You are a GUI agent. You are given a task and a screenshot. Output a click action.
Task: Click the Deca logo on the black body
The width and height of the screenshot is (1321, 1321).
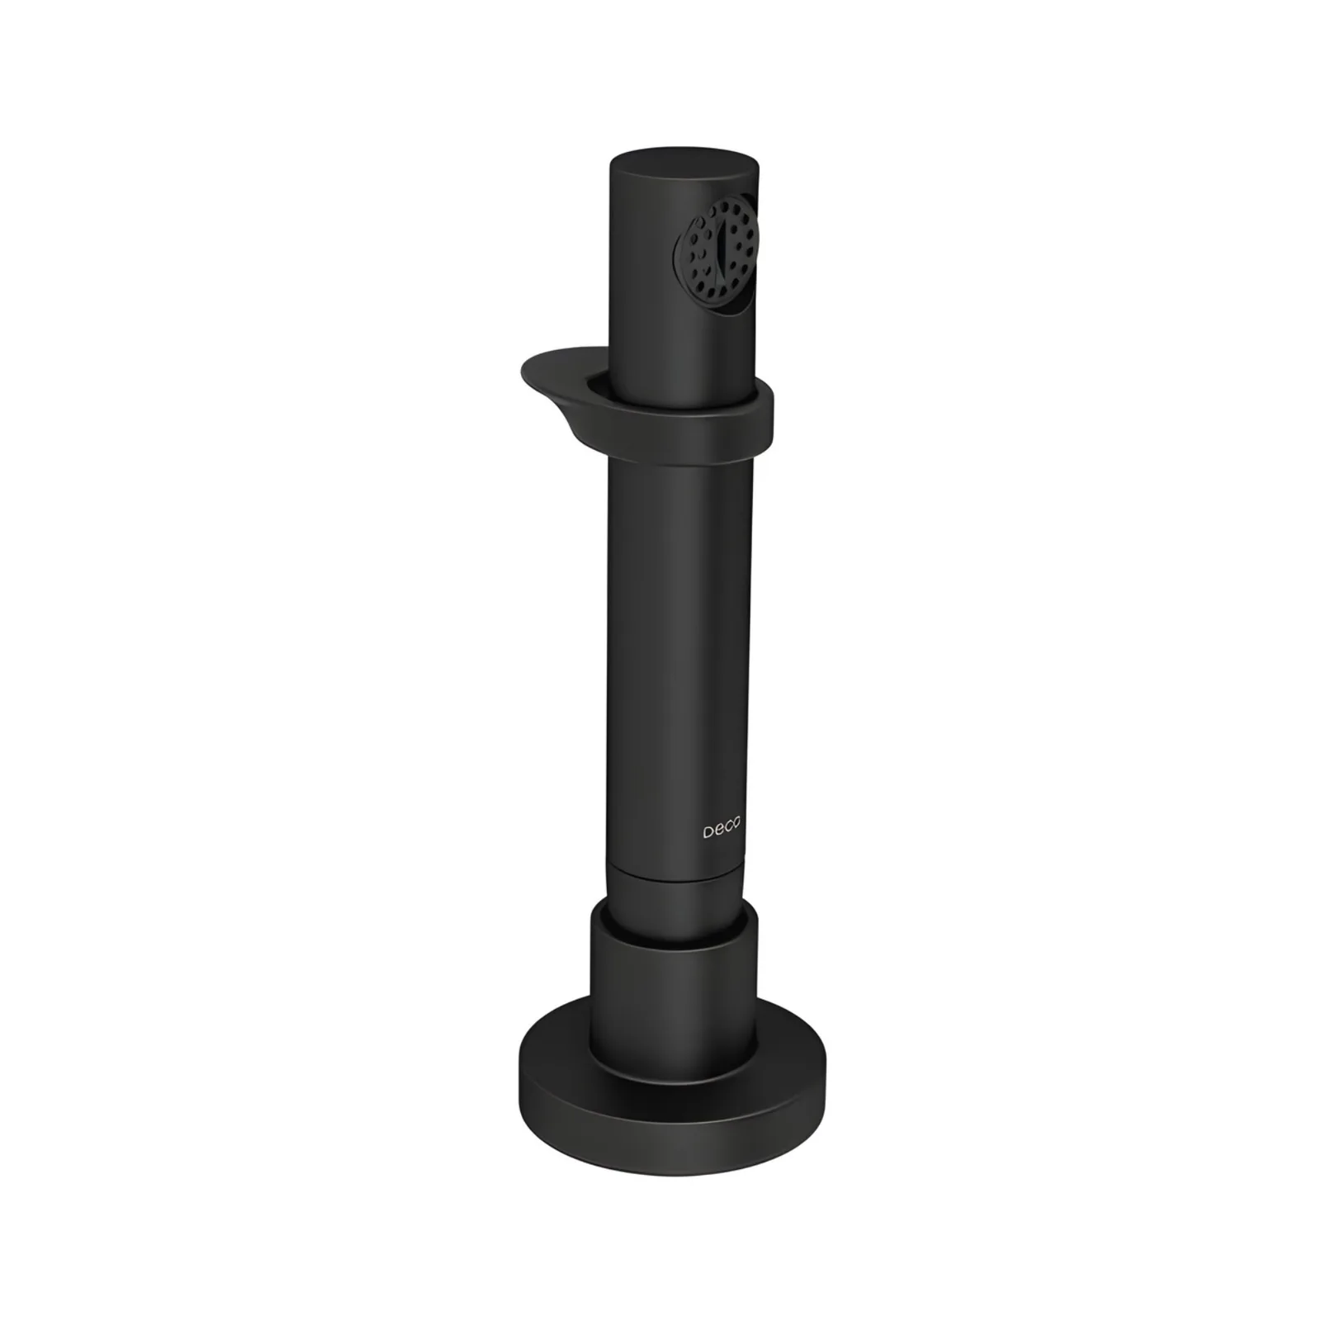[722, 830]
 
